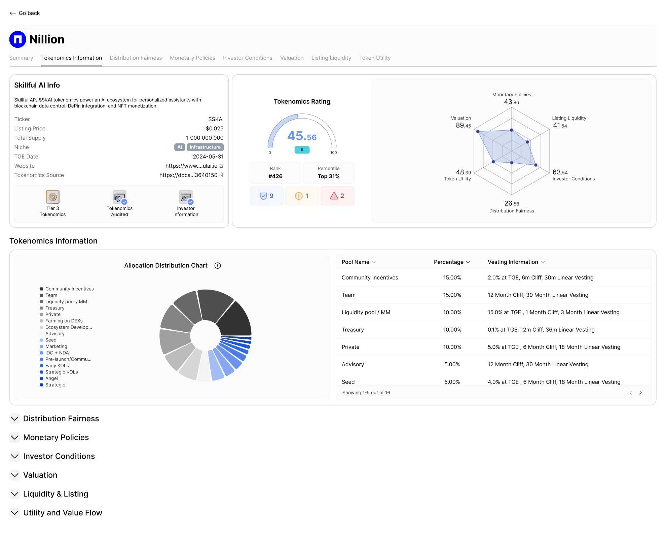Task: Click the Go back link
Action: pyautogui.click(x=25, y=13)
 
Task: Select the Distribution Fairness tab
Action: pyautogui.click(x=136, y=58)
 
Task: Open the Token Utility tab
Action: pyautogui.click(x=375, y=58)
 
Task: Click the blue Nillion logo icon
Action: pyautogui.click(x=17, y=39)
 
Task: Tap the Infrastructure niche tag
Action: pyautogui.click(x=205, y=147)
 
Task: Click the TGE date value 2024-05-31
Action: pyautogui.click(x=208, y=157)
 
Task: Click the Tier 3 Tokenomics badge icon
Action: pyautogui.click(x=52, y=197)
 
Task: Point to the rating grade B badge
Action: pyautogui.click(x=302, y=150)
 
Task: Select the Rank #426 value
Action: pyautogui.click(x=275, y=176)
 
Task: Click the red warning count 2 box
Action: pyautogui.click(x=337, y=196)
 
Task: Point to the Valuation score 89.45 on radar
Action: pyautogui.click(x=463, y=125)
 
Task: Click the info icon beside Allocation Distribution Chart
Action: pyautogui.click(x=218, y=266)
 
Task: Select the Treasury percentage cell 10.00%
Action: pyautogui.click(x=452, y=330)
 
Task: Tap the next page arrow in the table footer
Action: pyautogui.click(x=640, y=393)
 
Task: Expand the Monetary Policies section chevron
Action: pyautogui.click(x=15, y=437)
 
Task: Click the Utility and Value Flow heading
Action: pyautogui.click(x=63, y=513)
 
